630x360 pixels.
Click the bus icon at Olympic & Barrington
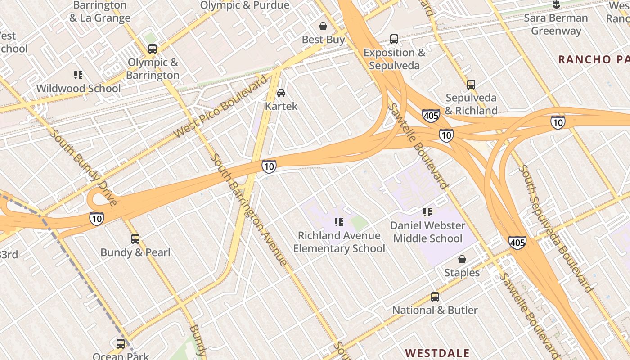tap(153, 49)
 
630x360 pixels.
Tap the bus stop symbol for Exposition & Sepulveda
tap(394, 39)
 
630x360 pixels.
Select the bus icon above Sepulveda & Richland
tap(471, 84)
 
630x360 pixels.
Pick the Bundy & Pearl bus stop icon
tap(135, 239)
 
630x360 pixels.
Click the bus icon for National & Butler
tap(435, 297)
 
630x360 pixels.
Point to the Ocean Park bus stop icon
tap(121, 344)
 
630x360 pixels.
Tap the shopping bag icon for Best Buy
tap(323, 26)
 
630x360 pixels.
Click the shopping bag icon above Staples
tap(462, 259)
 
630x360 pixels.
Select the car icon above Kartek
tap(281, 93)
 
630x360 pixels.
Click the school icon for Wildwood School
tap(78, 75)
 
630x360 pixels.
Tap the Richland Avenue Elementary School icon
tap(339, 222)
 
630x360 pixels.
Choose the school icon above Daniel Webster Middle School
tap(427, 212)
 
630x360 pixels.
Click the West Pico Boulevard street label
tap(220, 107)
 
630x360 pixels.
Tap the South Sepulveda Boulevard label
tap(556, 229)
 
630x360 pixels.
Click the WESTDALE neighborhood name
tap(437, 353)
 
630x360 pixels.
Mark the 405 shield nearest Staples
tap(517, 243)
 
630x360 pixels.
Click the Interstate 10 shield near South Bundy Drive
tap(97, 219)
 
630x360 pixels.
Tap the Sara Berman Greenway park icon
tap(556, 5)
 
